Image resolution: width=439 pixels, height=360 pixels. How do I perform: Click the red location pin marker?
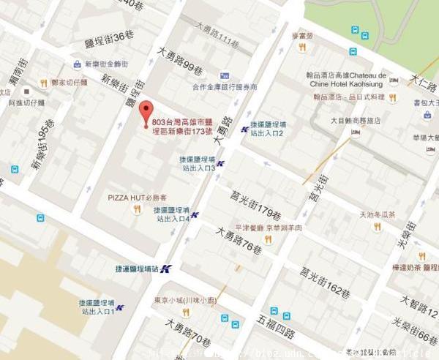tap(145, 110)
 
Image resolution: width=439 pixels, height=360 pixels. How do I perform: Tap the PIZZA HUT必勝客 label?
tap(138, 198)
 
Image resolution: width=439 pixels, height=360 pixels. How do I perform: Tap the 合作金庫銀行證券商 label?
tap(225, 86)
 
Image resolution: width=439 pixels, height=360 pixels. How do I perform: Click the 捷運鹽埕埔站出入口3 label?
tap(197, 163)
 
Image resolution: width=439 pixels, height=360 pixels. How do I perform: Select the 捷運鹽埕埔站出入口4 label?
tap(173, 214)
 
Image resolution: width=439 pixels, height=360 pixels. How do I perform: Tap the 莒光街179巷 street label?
tap(255, 206)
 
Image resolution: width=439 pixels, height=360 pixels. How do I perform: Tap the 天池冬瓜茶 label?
tap(377, 215)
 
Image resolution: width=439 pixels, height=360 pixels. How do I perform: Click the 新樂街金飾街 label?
tap(106, 64)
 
